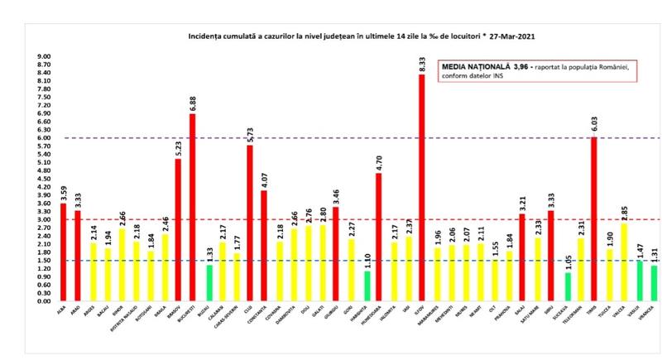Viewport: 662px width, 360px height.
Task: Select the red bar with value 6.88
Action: click(192, 207)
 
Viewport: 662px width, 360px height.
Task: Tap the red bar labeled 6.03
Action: click(594, 218)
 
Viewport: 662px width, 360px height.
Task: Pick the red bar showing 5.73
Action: click(250, 223)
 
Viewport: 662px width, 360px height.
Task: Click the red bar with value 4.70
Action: click(379, 237)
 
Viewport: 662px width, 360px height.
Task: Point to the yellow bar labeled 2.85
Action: click(624, 262)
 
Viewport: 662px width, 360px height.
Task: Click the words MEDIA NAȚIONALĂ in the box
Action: click(469, 67)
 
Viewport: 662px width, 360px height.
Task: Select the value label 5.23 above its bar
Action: click(178, 146)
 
